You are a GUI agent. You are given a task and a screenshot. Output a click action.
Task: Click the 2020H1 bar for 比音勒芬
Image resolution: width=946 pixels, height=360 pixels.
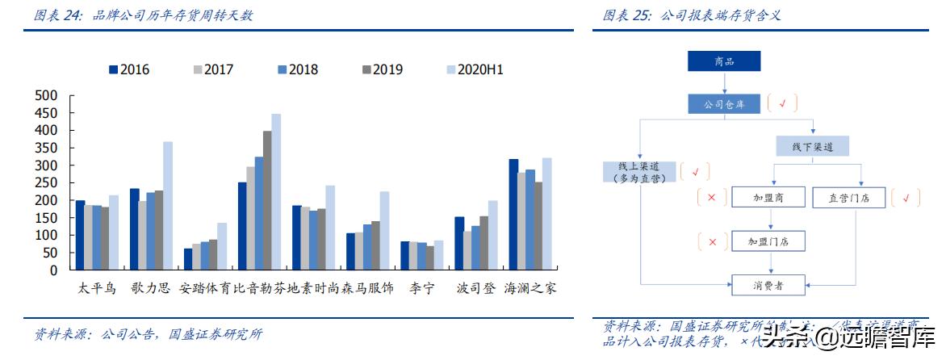[x=276, y=192]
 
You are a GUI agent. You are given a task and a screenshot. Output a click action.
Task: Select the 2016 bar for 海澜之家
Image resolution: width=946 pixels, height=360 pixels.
[x=513, y=215]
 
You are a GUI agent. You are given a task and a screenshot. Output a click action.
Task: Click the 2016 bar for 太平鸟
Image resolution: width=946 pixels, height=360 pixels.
[x=80, y=235]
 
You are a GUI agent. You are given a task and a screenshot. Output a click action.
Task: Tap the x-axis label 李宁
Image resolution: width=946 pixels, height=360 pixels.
[x=421, y=288]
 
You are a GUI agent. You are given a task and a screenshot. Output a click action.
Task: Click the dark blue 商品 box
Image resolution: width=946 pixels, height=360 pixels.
[x=724, y=61]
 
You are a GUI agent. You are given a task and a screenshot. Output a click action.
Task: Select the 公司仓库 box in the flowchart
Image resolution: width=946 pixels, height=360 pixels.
[x=724, y=103]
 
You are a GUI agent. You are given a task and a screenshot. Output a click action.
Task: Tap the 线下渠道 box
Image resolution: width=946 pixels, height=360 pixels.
[x=814, y=146]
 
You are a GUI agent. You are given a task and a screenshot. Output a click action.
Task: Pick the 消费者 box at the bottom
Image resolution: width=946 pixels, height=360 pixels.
[x=769, y=285]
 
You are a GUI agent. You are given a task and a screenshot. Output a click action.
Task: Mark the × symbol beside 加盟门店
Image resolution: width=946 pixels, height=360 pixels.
[x=712, y=241]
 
